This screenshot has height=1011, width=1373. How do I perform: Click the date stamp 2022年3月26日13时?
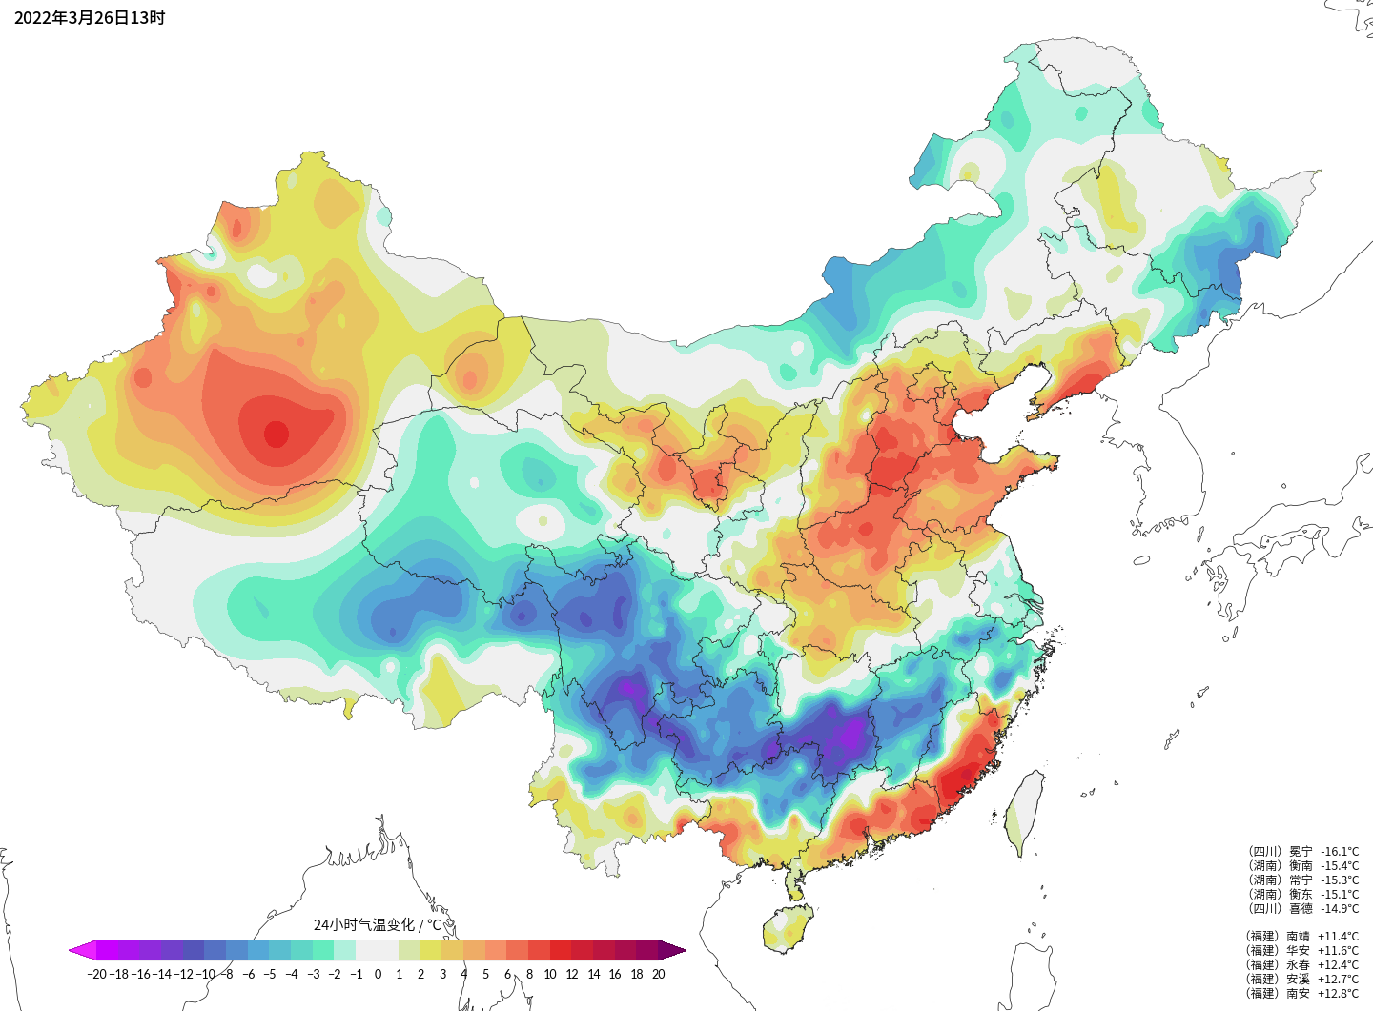click(x=90, y=17)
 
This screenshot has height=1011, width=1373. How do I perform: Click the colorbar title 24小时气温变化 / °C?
click(x=378, y=924)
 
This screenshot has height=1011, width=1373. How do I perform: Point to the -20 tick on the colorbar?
click(x=96, y=974)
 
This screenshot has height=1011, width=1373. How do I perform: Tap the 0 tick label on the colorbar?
click(x=378, y=974)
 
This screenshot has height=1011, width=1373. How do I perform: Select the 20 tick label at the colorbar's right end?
click(x=658, y=974)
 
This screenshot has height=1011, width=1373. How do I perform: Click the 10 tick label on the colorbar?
click(x=550, y=974)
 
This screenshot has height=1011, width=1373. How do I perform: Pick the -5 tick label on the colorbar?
click(x=270, y=974)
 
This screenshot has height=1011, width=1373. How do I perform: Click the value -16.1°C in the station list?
click(x=1340, y=852)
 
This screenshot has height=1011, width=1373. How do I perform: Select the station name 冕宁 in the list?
click(x=1301, y=852)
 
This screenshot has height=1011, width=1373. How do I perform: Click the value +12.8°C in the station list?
click(x=1339, y=993)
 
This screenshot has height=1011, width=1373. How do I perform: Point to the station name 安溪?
click(x=1299, y=979)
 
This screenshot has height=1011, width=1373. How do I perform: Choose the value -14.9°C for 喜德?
click(x=1340, y=909)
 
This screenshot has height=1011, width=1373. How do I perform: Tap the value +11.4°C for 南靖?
click(x=1339, y=937)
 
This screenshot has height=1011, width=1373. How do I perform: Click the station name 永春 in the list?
click(x=1299, y=964)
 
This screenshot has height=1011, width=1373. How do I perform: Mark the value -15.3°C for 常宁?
click(x=1340, y=880)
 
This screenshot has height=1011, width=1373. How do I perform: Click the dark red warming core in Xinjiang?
click(x=276, y=434)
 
